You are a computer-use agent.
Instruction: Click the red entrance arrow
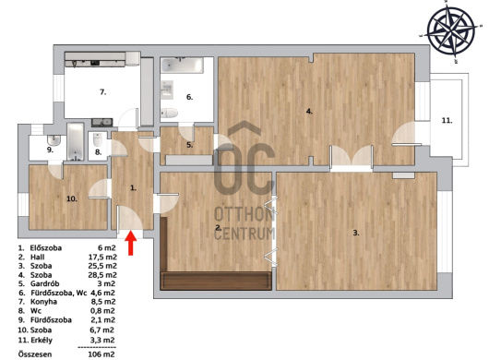click(131, 243)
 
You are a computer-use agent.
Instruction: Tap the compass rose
click(450, 30)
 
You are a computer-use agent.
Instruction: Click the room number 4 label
click(309, 111)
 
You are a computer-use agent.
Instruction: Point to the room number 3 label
click(356, 233)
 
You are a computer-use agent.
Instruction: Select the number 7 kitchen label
click(103, 92)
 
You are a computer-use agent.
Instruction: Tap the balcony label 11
click(447, 120)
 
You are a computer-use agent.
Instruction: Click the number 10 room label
click(72, 198)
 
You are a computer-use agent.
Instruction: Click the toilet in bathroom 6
click(170, 113)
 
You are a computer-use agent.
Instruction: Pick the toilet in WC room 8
click(98, 139)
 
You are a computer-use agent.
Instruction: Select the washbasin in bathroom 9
click(54, 140)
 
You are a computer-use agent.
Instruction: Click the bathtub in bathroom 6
click(182, 65)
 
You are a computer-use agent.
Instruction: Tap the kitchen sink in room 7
click(102, 122)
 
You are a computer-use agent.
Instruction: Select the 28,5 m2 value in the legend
click(103, 275)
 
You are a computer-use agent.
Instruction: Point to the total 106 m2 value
click(101, 354)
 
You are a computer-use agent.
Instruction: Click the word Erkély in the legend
click(42, 340)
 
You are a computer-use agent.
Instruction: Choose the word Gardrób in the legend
click(44, 283)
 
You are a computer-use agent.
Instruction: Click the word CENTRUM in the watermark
click(244, 234)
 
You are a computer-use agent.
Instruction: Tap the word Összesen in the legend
click(35, 354)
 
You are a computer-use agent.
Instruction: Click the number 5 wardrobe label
click(190, 145)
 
